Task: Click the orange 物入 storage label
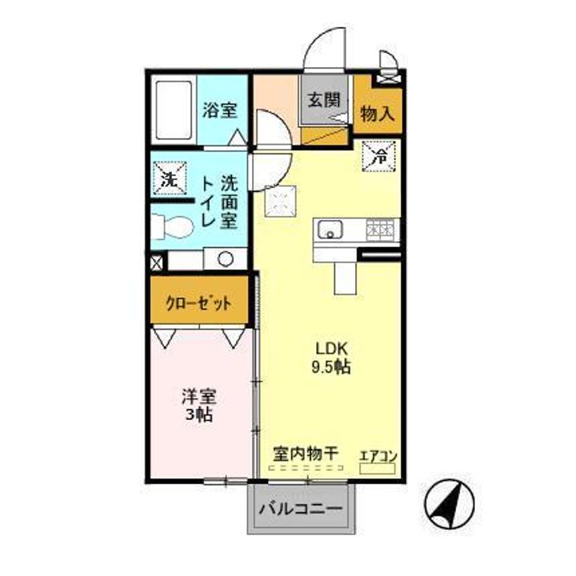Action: coord(378,113)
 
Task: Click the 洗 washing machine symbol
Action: coord(170,179)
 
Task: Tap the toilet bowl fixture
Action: coord(173,227)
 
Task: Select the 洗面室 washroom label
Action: coord(229,204)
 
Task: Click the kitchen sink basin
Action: coord(329,230)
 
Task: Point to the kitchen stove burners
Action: coord(379,230)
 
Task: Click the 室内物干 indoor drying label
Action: coord(303,454)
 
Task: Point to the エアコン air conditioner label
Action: coord(378,456)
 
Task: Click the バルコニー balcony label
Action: coord(302,510)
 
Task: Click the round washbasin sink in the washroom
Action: coord(224,258)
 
